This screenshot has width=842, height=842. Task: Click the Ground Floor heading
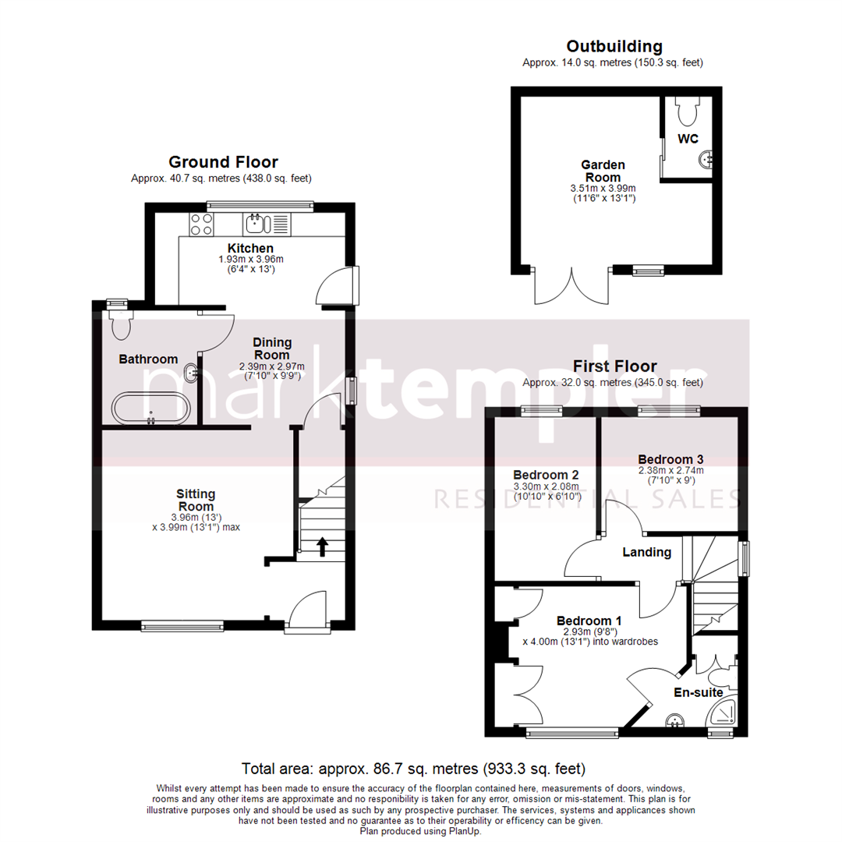coord(223,162)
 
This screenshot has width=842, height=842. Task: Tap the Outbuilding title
coord(614,46)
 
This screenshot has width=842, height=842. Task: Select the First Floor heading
coord(614,366)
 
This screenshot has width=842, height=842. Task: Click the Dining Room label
coord(271,348)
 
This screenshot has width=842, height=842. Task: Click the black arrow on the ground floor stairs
coord(322,547)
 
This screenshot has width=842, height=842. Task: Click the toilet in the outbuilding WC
coord(687,112)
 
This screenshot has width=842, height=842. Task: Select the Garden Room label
coord(603,171)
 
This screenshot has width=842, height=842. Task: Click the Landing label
coord(646,553)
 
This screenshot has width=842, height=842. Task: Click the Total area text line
coord(413,769)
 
